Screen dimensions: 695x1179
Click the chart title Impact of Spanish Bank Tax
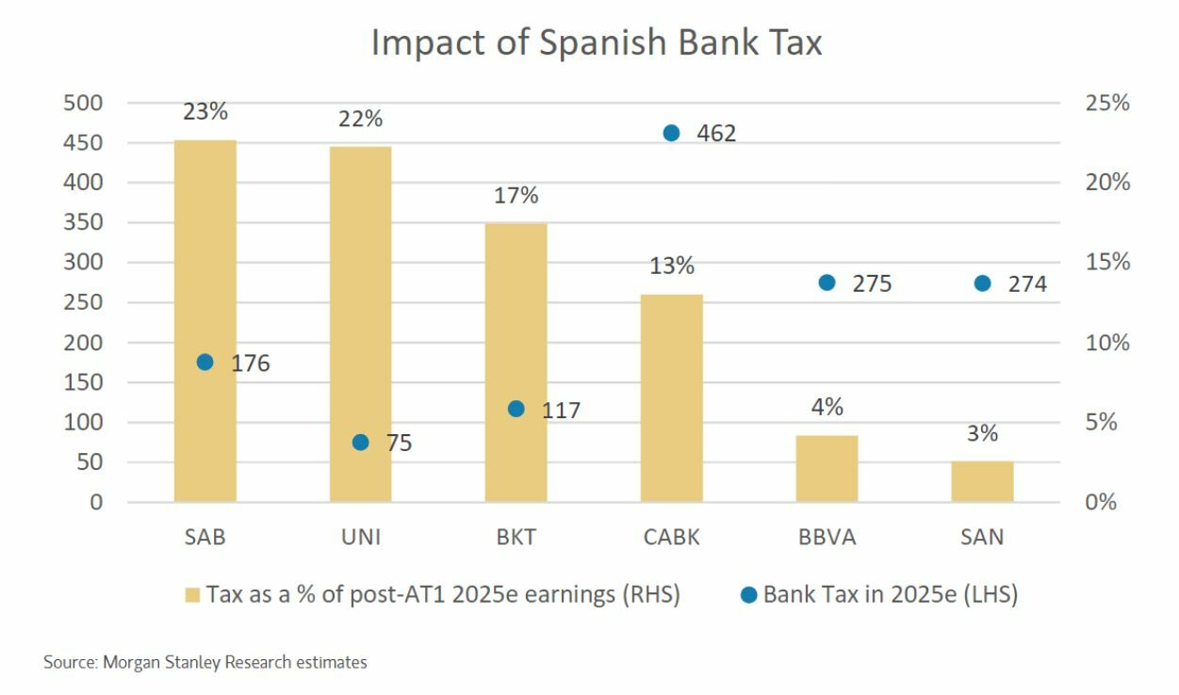[x=597, y=42]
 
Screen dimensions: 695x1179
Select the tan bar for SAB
[x=205, y=320]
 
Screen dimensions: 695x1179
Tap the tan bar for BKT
[x=516, y=363]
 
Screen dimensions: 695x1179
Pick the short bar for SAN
[x=982, y=481]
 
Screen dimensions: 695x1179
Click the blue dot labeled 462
[x=671, y=133]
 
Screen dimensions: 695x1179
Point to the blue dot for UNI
[x=360, y=442]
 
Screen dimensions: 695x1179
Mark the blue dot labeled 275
[x=827, y=283]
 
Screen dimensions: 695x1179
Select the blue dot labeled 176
[x=205, y=362]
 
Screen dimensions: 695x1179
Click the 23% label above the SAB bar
[x=205, y=111]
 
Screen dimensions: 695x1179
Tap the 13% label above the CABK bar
[x=671, y=266]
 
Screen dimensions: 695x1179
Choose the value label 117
[x=561, y=411]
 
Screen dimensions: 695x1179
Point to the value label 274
[x=1027, y=283]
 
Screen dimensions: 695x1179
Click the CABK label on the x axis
[x=671, y=538]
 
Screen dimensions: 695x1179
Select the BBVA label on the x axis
[x=827, y=538]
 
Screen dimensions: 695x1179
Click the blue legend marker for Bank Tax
[x=748, y=594]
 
